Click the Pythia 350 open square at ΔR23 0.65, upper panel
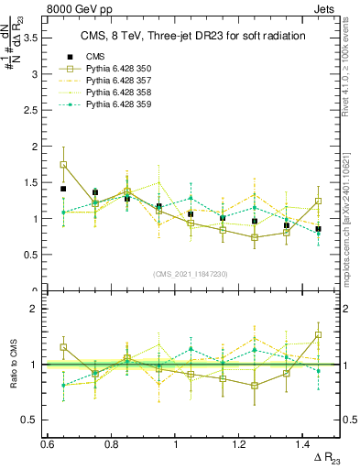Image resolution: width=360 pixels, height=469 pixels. click(x=63, y=165)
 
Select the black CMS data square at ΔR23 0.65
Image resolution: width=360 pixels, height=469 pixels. click(x=63, y=189)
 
